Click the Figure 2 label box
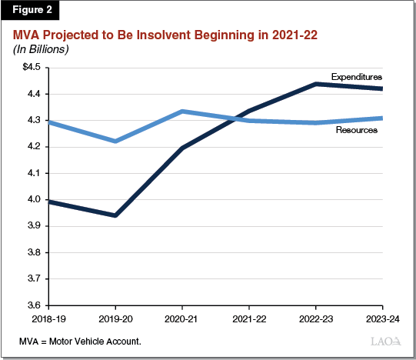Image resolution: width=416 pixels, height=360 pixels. click(30, 12)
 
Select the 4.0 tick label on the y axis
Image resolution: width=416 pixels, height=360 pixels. click(32, 200)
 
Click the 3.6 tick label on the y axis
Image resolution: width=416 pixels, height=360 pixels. click(32, 305)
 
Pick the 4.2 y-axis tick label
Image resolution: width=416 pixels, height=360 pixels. click(32, 147)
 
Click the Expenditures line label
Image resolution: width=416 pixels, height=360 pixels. click(357, 77)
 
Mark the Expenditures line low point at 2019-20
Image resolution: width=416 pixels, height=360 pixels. click(115, 215)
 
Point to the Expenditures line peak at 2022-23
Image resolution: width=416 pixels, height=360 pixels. click(316, 84)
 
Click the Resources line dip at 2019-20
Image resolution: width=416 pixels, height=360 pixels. click(115, 141)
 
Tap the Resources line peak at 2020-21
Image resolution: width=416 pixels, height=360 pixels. click(181, 112)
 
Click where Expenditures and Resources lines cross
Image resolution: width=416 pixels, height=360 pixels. click(235, 119)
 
